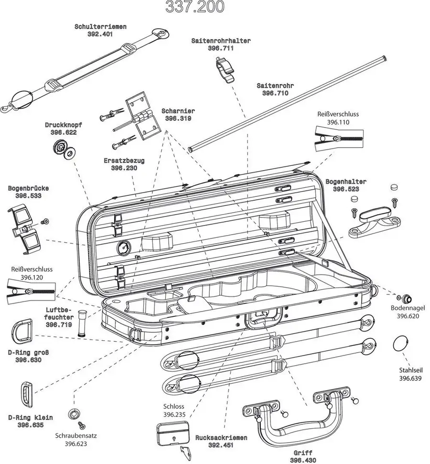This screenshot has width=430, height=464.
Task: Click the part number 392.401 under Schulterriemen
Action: point(100,34)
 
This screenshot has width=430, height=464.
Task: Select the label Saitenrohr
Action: point(275,86)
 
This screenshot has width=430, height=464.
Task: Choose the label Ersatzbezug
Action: point(124,161)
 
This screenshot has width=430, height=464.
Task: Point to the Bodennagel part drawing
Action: point(407,298)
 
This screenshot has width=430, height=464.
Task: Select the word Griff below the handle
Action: point(303,452)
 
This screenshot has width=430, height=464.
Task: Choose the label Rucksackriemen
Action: point(221,438)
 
